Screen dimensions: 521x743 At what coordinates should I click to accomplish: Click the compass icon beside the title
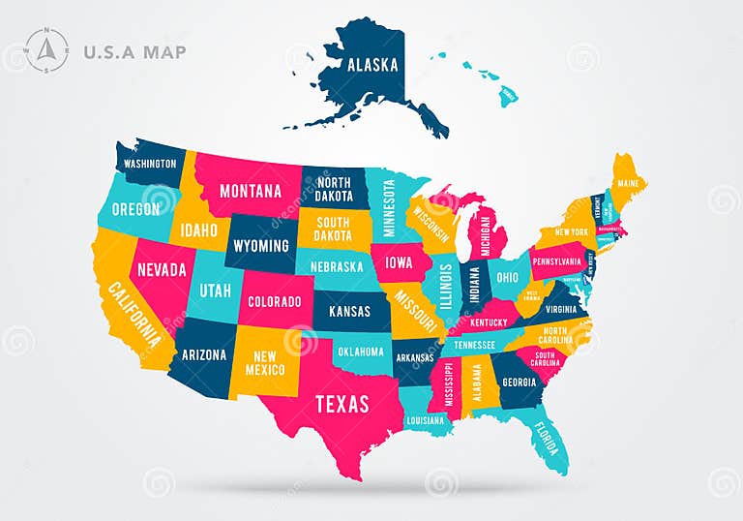click(46, 50)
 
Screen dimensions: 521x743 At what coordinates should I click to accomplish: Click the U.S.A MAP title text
click(134, 52)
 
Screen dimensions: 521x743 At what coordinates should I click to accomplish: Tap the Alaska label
click(372, 65)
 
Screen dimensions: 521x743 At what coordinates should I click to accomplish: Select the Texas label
click(342, 403)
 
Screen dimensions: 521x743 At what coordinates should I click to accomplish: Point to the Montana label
click(251, 191)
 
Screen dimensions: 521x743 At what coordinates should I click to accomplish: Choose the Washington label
click(151, 164)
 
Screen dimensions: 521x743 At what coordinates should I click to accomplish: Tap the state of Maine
click(628, 184)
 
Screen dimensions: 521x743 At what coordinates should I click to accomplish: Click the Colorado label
click(275, 301)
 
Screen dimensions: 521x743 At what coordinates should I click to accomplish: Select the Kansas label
click(349, 312)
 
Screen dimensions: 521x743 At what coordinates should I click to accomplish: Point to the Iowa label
click(399, 262)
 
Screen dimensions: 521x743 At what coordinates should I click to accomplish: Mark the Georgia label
click(520, 381)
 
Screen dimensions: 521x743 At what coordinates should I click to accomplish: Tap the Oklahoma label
click(362, 352)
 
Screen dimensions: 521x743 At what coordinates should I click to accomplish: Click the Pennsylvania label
click(558, 260)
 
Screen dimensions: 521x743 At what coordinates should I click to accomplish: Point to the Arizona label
click(204, 354)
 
